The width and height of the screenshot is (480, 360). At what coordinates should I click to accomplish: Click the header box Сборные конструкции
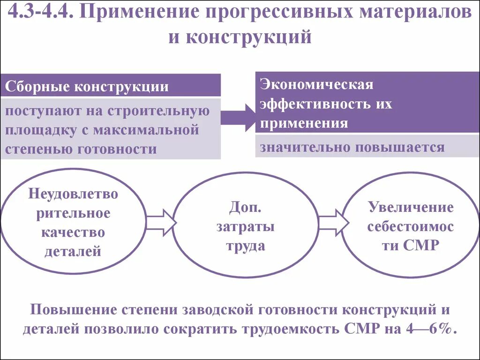(x=110, y=87)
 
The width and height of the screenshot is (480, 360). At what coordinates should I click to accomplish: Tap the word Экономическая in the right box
(x=317, y=84)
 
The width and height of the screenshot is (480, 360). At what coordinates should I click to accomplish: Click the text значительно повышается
(x=352, y=147)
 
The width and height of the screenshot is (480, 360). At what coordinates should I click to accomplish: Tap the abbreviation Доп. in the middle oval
(x=245, y=208)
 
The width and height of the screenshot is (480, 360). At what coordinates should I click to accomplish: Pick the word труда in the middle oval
(x=245, y=246)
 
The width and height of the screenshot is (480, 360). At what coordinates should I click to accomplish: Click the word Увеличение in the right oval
(x=411, y=207)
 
